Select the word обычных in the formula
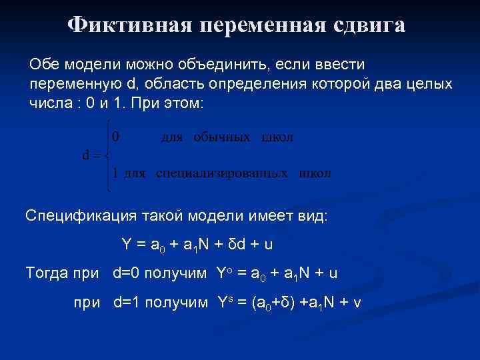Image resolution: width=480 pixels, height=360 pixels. tap(222, 137)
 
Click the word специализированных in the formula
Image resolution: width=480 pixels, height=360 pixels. tap(222, 173)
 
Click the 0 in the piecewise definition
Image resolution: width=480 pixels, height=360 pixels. tap(115, 137)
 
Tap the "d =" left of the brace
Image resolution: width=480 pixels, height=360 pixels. tap(91, 155)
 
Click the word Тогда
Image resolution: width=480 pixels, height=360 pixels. tap(46, 273)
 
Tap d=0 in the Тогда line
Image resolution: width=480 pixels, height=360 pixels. tap(129, 273)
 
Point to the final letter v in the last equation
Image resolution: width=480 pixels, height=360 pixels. tap(357, 303)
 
